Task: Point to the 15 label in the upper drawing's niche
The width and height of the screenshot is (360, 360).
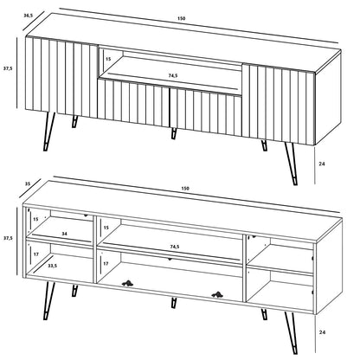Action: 107,59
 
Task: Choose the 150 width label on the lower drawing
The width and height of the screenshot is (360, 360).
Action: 185,188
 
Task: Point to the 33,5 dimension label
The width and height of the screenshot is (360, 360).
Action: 54,267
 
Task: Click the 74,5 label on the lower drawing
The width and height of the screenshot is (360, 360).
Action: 176,247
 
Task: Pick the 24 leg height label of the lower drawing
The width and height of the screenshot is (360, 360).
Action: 322,331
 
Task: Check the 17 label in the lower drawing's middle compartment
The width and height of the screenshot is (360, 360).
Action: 106,261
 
